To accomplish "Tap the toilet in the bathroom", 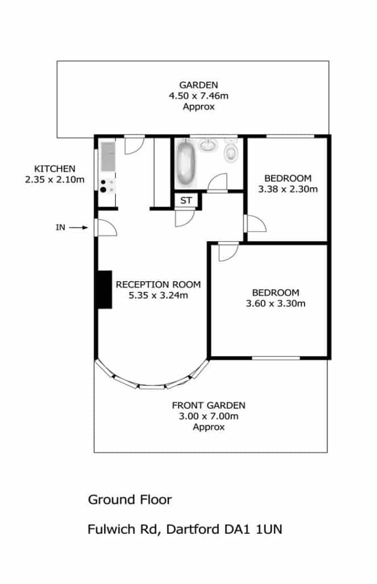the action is [x=231, y=150].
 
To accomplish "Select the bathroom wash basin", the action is [x=208, y=145].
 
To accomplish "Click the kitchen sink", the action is [x=108, y=156].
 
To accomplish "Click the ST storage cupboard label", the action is [x=186, y=201].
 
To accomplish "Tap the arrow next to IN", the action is [x=79, y=228].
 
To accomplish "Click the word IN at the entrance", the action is [x=60, y=228].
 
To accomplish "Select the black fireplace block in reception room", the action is [x=104, y=289].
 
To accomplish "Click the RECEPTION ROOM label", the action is [x=158, y=285].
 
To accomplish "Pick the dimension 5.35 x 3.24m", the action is [x=158, y=296].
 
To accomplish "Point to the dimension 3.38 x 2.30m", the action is [x=288, y=189].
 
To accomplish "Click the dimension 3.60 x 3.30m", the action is [x=276, y=303].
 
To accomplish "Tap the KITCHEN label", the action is [x=55, y=169].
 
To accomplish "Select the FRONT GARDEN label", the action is [x=208, y=405].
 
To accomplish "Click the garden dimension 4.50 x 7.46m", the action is [x=199, y=96].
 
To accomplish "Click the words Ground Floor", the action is [x=130, y=500].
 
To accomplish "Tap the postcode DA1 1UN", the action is [x=253, y=529].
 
